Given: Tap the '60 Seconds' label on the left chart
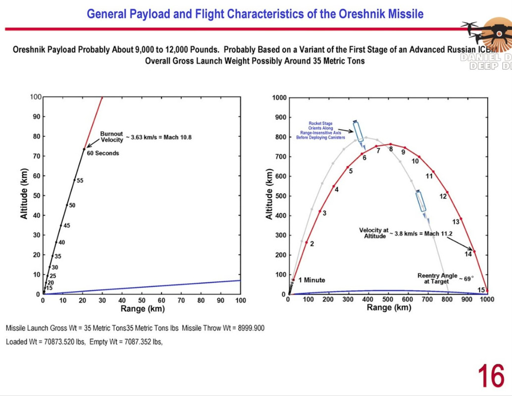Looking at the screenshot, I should click(102, 153).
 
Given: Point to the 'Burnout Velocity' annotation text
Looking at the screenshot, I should click(111, 137).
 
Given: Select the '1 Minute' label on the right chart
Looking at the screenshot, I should click(311, 280).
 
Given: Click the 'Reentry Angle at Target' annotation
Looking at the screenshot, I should click(437, 279).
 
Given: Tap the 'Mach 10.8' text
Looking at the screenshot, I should click(177, 137).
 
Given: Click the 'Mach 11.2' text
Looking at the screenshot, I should click(438, 234).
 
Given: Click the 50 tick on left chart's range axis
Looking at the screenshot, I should click(142, 300).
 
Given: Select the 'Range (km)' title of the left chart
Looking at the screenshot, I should click(143, 309).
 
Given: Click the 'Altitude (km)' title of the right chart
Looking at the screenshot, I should click(269, 195).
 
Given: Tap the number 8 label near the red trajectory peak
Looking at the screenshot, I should click(391, 149).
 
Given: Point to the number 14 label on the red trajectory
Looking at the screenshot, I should click(468, 254).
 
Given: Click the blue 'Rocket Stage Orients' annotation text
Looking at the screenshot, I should click(321, 130).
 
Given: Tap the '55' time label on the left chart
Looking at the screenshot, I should click(80, 181).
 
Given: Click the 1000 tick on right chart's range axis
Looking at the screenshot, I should click(487, 299).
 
